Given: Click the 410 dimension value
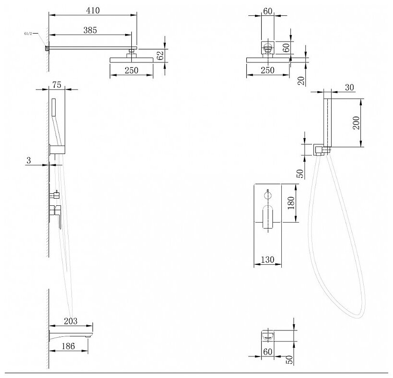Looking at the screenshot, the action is coord(93,11).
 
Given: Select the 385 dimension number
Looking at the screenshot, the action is coord(90,30).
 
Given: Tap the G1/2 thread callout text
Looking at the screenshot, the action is coord(28,34).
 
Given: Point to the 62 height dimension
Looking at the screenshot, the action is coord(161,56).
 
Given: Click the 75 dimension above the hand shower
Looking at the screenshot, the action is coord(57,85).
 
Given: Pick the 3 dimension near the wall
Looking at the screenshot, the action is coord(29,160).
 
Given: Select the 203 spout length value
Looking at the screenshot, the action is coord(70,321).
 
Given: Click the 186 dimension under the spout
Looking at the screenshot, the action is coord(68,346).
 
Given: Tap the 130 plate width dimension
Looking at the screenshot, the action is coord(268,260).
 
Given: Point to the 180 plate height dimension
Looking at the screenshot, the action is coord(291,203).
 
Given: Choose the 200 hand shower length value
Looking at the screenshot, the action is coord(356,123).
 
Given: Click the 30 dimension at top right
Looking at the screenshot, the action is coord(349,87).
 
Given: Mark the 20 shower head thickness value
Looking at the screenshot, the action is coord(302,81).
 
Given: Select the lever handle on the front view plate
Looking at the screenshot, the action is coord(268,217).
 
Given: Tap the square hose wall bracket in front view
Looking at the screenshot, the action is coord(318,150).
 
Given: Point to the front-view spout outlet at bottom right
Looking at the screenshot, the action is coord(268,336).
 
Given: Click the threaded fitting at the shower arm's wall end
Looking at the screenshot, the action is coord(47,48).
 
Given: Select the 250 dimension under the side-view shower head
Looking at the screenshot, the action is coord(132,70).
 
